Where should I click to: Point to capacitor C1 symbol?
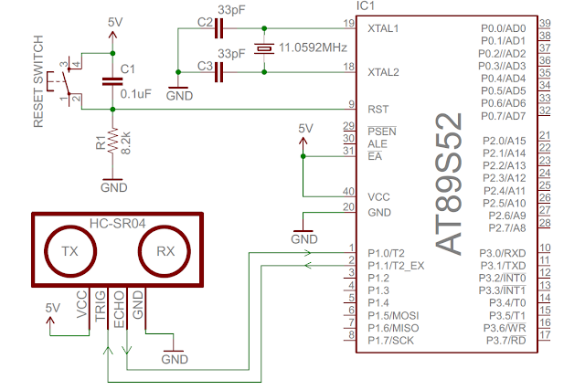click(112, 81)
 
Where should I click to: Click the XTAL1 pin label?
click(382, 28)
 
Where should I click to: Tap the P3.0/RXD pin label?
click(505, 252)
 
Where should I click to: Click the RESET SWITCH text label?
click(38, 82)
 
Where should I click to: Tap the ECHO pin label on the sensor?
click(119, 307)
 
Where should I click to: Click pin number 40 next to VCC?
click(347, 191)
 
